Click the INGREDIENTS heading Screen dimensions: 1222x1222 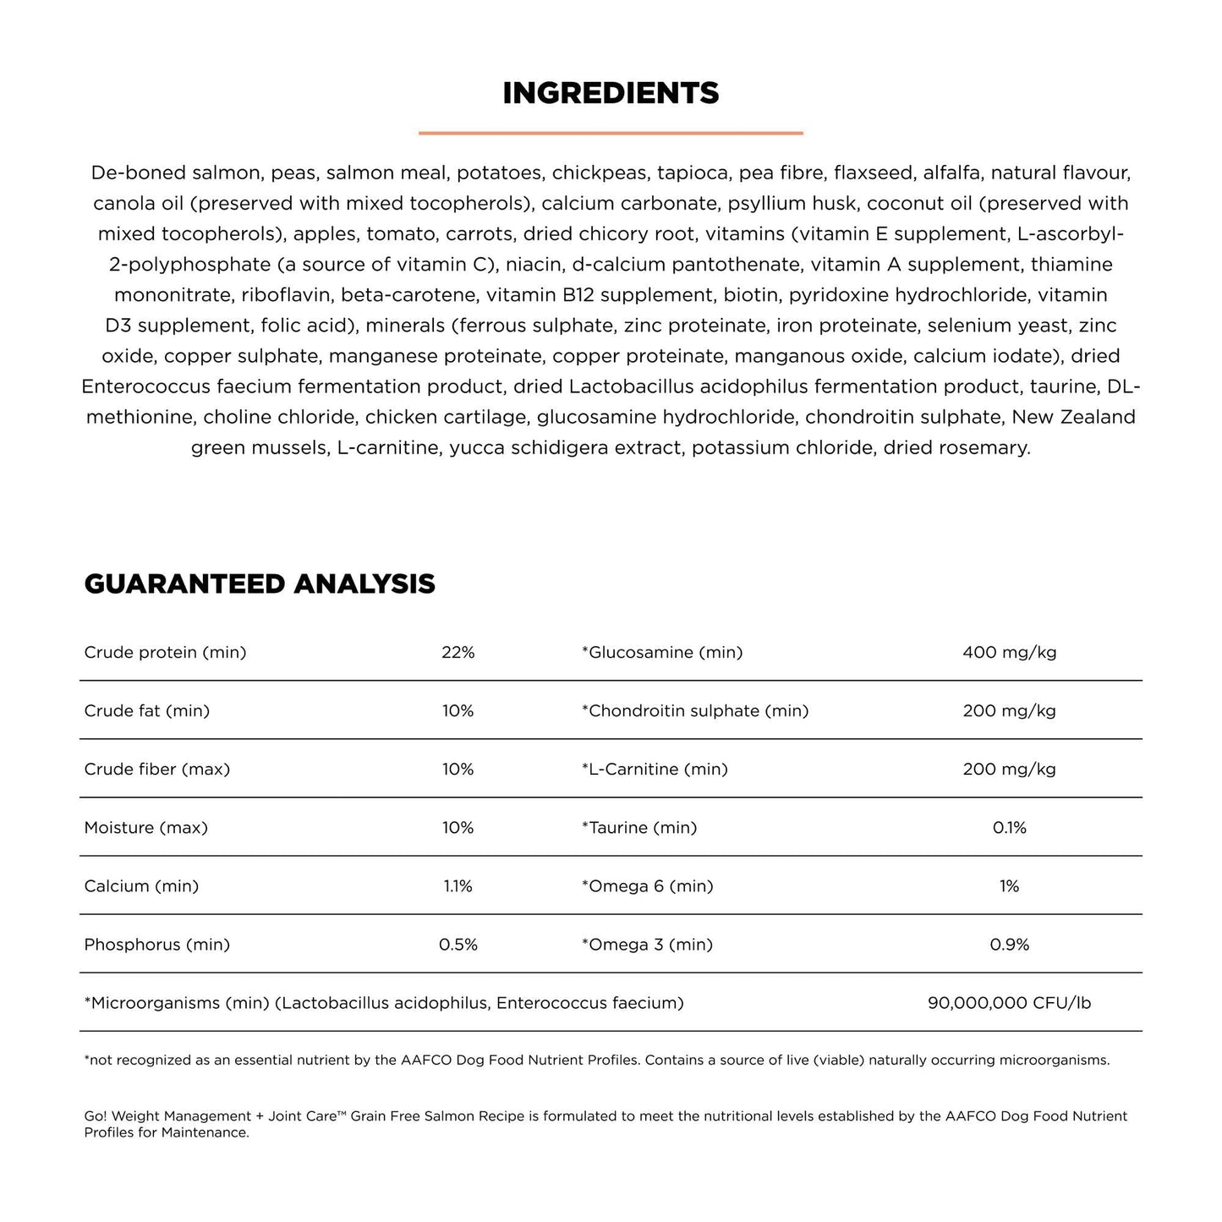coord(611,93)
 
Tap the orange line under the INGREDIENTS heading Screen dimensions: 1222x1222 coord(611,133)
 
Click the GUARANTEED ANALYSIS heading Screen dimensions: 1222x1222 coord(260,584)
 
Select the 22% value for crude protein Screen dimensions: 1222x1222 coord(458,652)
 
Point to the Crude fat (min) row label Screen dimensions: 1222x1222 coord(147,710)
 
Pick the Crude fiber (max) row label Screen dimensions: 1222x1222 coord(157,769)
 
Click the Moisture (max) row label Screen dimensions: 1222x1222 coord(146,827)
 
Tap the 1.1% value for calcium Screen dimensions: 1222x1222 coord(458,885)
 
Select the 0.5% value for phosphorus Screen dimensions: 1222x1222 coord(458,944)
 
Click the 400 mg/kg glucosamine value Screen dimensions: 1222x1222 coord(1009,652)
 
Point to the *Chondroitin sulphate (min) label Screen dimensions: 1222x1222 coord(695,710)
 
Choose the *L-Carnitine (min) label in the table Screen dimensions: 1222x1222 coord(655,769)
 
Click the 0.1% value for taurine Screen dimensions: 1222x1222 coord(1009,827)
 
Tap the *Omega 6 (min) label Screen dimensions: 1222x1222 coord(648,885)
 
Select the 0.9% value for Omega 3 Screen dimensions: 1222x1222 coord(1009,944)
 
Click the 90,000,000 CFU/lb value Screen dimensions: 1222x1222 coord(1009,1003)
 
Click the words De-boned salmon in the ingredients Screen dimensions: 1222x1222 coord(180,173)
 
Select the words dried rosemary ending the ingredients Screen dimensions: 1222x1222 coord(956,447)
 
